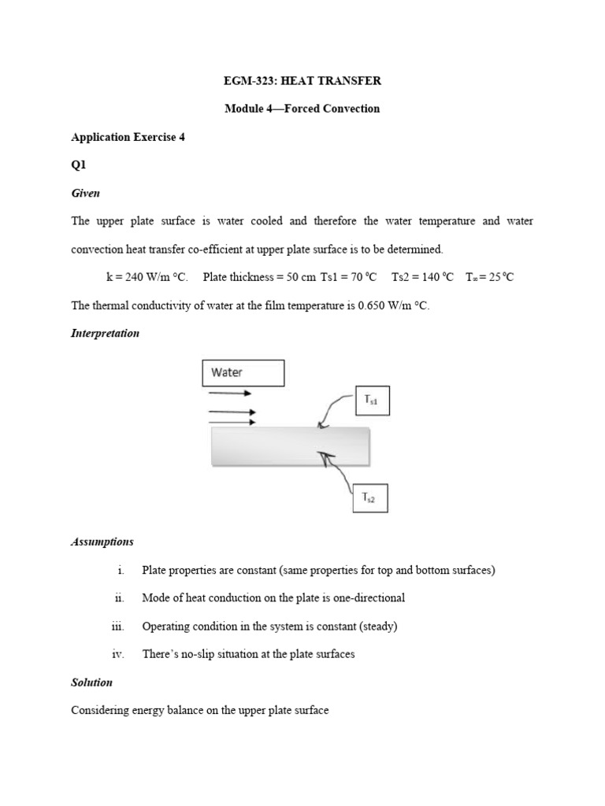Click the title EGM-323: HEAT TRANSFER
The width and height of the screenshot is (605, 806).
[302, 80]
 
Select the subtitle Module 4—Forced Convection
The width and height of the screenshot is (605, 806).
[302, 109]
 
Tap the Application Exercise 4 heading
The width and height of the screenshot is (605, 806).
[128, 137]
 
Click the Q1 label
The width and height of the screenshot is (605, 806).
[78, 165]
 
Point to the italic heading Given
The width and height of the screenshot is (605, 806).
[85, 194]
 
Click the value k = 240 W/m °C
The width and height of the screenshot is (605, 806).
[147, 278]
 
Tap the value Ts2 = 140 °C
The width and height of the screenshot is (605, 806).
[423, 278]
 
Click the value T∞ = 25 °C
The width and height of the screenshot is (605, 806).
[490, 278]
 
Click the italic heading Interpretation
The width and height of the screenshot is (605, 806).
[105, 334]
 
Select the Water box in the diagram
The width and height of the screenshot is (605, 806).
[243, 373]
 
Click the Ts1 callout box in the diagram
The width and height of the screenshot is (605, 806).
[372, 401]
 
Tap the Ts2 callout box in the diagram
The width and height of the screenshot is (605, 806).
[369, 497]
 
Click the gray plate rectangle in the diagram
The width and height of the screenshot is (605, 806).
[290, 446]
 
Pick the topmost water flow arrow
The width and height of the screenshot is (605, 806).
[231, 393]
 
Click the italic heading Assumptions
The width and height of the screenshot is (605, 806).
[102, 542]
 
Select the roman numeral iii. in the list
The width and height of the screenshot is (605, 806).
[118, 627]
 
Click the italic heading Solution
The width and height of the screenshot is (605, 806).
[92, 682]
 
